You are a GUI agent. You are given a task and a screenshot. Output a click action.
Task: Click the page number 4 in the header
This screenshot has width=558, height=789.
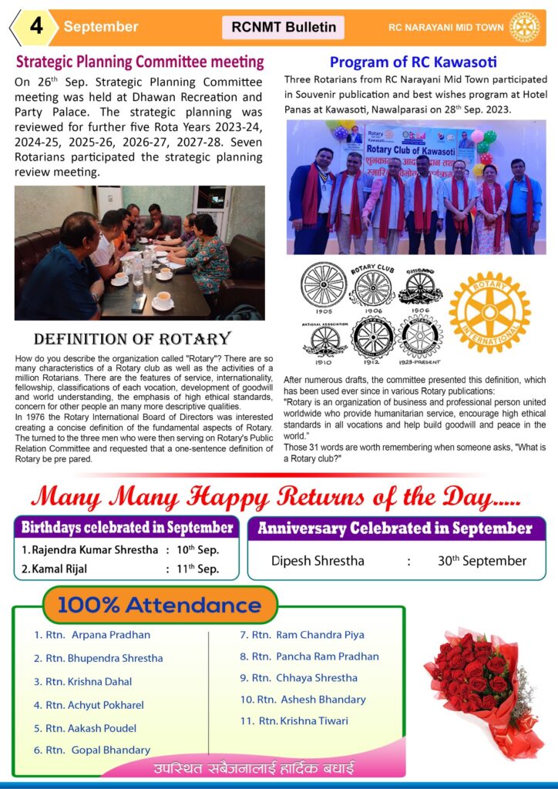(x=35, y=26)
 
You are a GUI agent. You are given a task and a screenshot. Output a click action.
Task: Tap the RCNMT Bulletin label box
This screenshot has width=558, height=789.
(x=284, y=27)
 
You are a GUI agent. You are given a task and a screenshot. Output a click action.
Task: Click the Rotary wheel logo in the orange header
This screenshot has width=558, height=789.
(x=525, y=27)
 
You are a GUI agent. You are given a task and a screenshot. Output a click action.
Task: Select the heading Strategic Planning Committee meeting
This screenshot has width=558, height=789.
(x=140, y=62)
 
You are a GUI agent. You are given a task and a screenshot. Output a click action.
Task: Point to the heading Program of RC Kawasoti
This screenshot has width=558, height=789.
(x=413, y=62)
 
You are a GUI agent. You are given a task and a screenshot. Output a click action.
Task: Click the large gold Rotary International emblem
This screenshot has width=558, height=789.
(x=489, y=312)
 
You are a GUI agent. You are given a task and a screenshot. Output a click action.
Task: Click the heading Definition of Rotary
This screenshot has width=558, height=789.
(x=133, y=339)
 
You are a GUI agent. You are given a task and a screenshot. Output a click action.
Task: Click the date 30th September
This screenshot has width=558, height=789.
(x=482, y=561)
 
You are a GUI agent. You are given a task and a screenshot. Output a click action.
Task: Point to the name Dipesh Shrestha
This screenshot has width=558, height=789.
(x=318, y=561)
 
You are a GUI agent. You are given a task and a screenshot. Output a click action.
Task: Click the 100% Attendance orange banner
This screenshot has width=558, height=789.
(x=160, y=605)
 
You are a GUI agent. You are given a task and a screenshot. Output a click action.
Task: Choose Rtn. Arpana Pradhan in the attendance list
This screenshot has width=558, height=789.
(x=97, y=636)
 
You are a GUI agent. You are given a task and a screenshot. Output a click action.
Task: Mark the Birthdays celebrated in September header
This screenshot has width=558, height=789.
(x=127, y=529)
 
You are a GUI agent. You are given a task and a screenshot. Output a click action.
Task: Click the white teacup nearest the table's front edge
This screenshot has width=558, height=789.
(x=163, y=304)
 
